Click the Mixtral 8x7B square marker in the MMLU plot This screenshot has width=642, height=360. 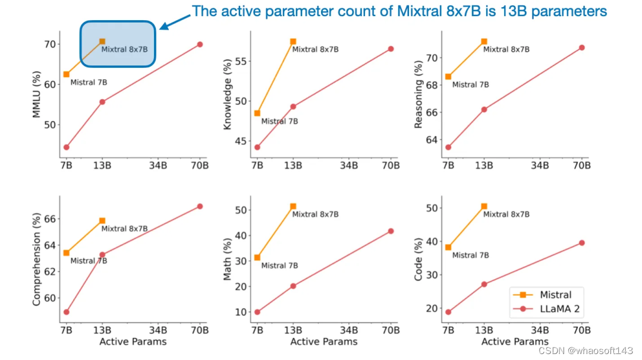102,42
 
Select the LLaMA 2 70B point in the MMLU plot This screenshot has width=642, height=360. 200,45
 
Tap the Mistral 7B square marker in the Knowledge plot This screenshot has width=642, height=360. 257,113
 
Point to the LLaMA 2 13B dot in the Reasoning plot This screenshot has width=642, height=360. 484,109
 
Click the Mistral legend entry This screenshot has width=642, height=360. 547,295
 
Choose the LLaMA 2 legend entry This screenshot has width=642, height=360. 547,308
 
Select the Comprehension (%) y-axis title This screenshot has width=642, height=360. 37,261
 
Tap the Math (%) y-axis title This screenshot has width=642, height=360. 228,260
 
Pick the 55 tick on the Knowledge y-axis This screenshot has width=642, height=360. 241,61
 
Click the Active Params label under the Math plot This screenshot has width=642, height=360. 324,342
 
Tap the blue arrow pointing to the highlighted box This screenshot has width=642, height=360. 173,21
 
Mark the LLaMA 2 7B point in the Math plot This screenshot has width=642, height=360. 257,312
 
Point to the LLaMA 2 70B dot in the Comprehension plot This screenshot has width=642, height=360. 200,206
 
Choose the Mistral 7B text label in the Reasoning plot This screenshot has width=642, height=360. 470,85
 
